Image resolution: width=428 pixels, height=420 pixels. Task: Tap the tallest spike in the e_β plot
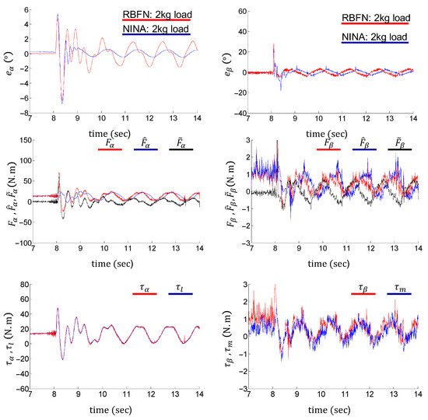click(x=273, y=45)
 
